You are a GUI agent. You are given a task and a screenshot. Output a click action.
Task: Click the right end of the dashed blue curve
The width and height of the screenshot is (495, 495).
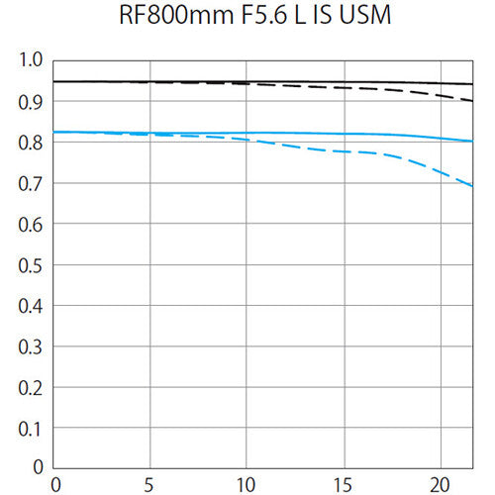pos(472,185)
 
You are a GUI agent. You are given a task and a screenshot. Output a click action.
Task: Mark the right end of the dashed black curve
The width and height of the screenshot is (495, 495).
pos(472,100)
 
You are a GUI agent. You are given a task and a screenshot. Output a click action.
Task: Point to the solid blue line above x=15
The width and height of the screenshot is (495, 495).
pos(342,134)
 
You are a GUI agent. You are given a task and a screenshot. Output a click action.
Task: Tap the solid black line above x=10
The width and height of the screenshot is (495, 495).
pos(246,82)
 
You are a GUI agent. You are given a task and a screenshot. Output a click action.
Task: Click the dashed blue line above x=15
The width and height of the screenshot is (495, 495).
pos(342,151)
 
